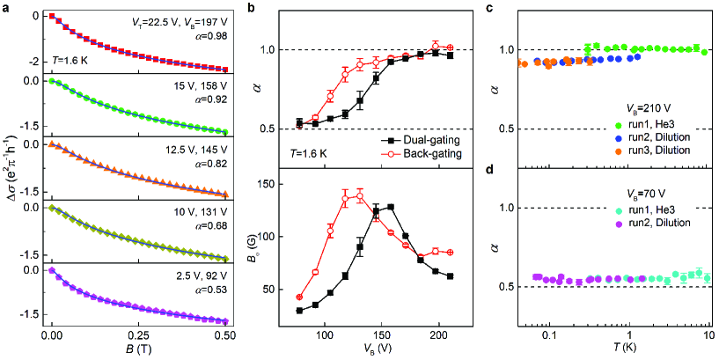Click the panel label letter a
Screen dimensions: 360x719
coord(5,6)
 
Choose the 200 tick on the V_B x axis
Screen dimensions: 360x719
coord(437,334)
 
